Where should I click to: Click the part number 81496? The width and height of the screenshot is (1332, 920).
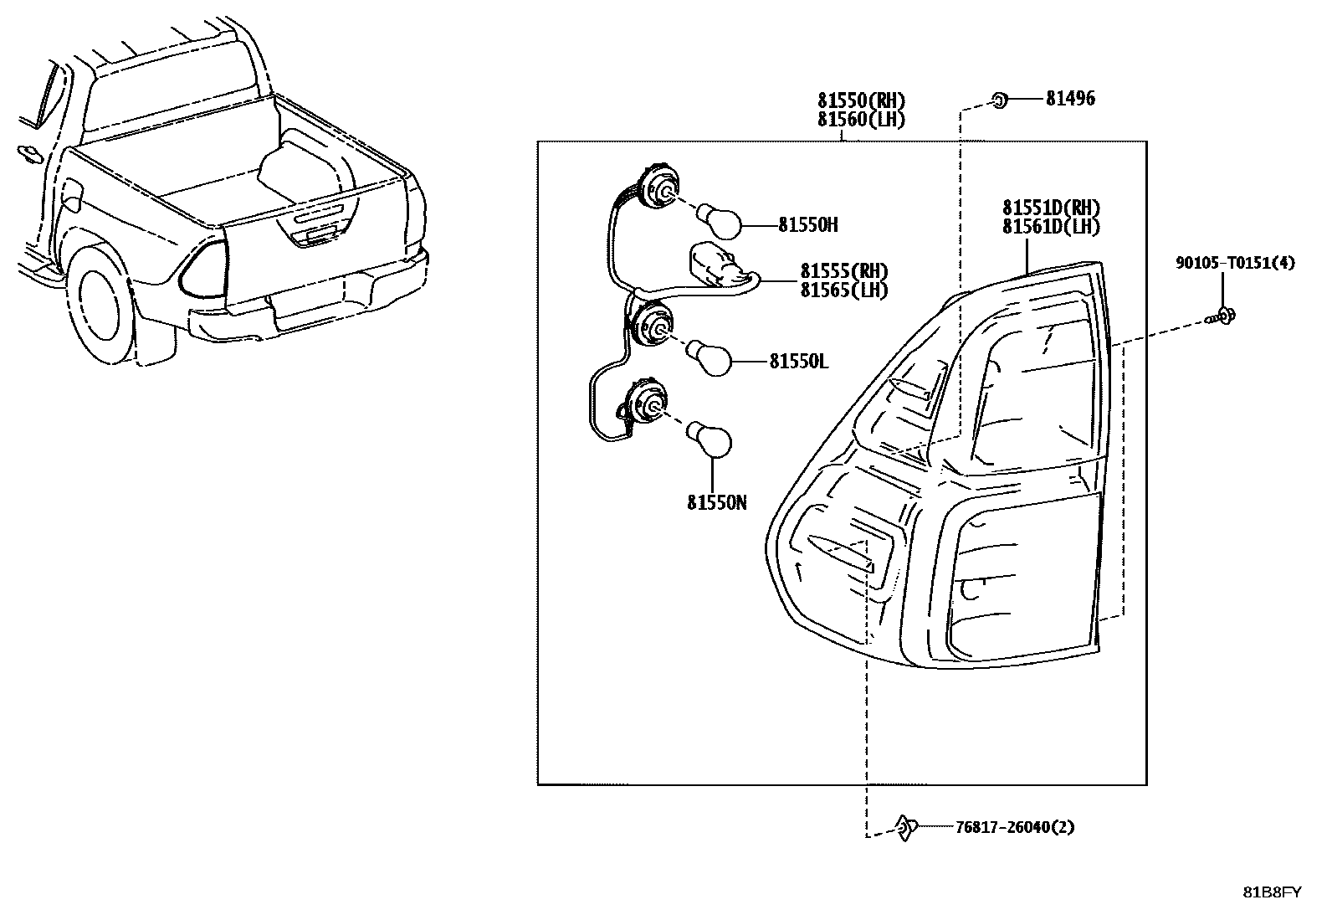[1070, 99]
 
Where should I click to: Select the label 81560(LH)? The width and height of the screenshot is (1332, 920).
[861, 120]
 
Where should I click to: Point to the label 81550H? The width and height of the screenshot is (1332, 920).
[807, 225]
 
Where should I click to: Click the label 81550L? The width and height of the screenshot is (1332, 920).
[798, 362]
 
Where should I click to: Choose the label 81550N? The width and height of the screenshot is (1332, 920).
[717, 502]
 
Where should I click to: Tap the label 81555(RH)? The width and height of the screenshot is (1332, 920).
[843, 271]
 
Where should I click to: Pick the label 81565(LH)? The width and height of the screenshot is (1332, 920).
[843, 290]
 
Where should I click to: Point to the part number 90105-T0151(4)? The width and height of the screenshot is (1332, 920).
[1234, 264]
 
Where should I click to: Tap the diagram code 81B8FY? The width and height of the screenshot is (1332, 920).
[1271, 892]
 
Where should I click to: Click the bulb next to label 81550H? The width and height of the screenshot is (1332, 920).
[720, 223]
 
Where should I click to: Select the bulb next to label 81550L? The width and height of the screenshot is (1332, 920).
[711, 360]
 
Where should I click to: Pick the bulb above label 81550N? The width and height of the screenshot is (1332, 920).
[710, 440]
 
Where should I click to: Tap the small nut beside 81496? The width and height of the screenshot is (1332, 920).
[999, 100]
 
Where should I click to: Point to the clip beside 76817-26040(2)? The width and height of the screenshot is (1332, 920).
[905, 827]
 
